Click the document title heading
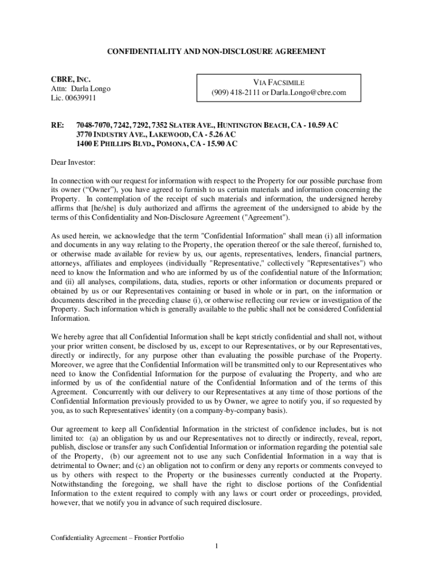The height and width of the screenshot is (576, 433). pyautogui.click(x=216, y=52)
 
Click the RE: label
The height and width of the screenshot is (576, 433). pyautogui.click(x=57, y=125)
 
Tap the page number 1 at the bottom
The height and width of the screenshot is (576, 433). pyautogui.click(x=216, y=546)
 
